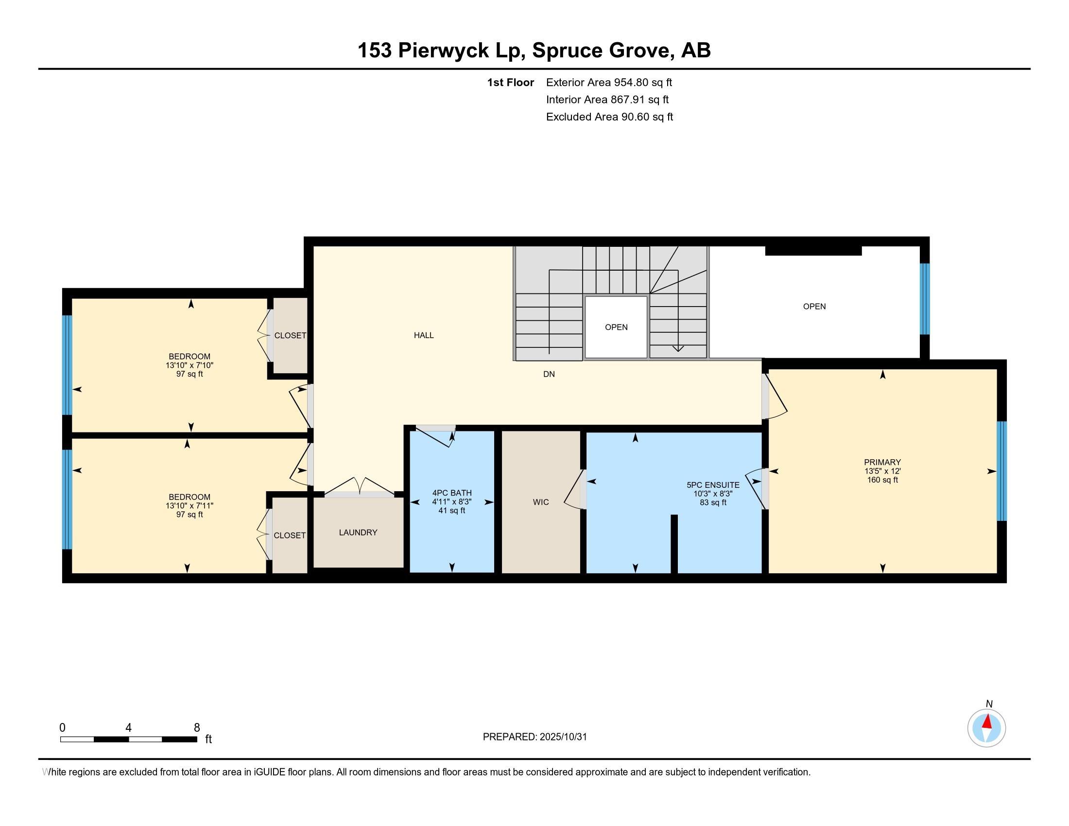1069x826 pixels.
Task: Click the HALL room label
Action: click(423, 335)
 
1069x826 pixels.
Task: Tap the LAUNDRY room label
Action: click(358, 533)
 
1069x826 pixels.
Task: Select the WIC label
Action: click(540, 502)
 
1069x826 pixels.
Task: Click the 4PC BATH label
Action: click(451, 493)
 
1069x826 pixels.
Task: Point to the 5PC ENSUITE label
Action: click(713, 485)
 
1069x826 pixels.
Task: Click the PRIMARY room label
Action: click(882, 462)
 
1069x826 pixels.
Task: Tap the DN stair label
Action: click(549, 374)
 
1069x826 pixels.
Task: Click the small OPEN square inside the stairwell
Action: click(616, 327)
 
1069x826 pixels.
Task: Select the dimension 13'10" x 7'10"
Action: click(190, 365)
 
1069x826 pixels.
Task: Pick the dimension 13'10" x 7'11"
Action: click(190, 505)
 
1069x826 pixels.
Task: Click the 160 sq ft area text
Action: click(882, 480)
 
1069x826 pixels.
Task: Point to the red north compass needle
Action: click(987, 722)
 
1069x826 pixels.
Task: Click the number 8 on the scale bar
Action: click(197, 728)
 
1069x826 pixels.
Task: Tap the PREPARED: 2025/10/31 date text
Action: click(534, 737)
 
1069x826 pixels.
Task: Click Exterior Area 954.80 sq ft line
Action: click(609, 82)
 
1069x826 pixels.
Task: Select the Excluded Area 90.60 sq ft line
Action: click(609, 117)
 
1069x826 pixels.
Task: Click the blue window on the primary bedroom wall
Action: click(1001, 471)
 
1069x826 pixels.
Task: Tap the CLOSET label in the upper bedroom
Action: click(290, 336)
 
